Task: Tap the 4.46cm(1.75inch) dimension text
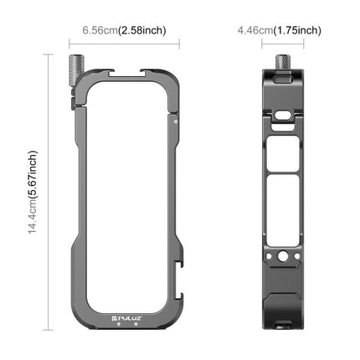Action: tap(279, 31)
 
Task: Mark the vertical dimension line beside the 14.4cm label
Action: tap(47, 193)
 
